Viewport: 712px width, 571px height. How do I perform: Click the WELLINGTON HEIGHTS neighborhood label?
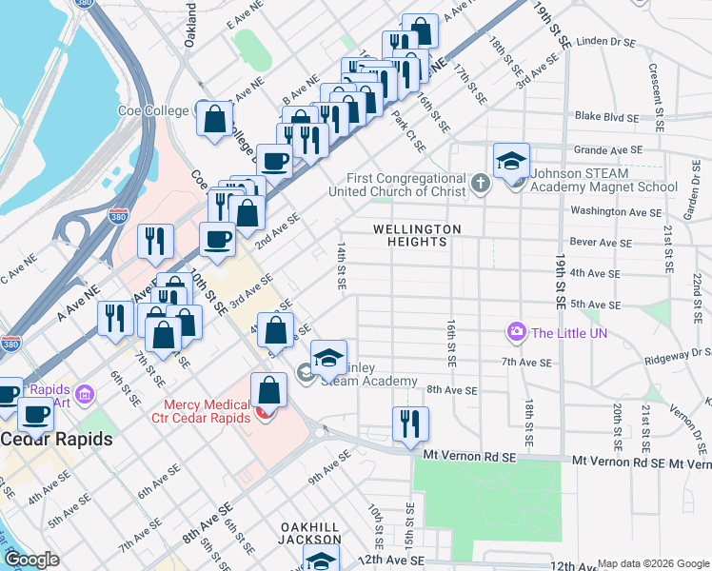(417, 236)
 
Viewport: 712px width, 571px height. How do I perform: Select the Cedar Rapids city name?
(56, 440)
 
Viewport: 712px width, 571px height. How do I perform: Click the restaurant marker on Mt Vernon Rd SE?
(410, 424)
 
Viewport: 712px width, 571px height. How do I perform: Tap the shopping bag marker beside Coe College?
(215, 120)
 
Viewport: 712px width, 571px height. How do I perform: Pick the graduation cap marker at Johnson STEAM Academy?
(511, 160)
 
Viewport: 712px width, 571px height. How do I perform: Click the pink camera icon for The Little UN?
(517, 332)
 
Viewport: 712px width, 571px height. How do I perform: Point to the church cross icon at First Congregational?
(482, 181)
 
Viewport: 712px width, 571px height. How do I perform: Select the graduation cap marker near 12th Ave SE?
(322, 560)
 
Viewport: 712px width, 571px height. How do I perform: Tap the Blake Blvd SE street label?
(605, 117)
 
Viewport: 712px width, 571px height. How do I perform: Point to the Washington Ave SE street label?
(615, 210)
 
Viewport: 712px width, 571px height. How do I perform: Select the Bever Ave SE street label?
(601, 243)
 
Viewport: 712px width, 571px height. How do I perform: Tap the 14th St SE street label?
(340, 264)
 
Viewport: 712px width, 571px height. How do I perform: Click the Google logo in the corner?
(31, 560)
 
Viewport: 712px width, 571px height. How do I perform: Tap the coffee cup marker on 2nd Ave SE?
(217, 241)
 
